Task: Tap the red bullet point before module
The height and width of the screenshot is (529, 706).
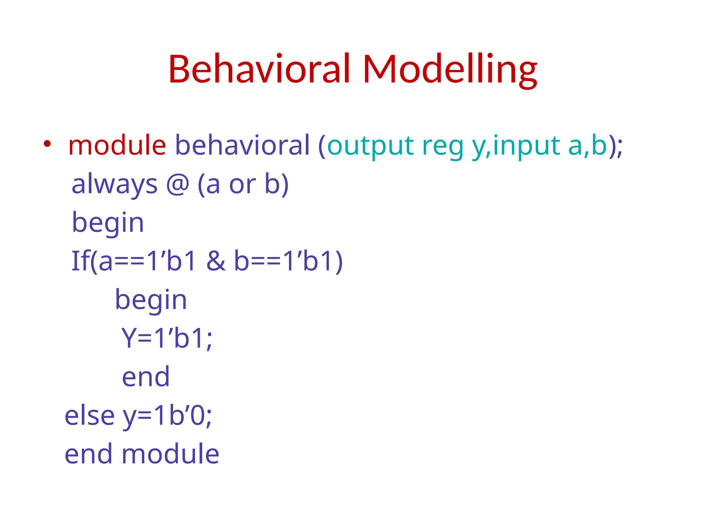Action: point(47,144)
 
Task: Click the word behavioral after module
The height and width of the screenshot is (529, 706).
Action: point(242,145)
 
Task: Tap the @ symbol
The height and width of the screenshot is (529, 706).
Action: point(178,185)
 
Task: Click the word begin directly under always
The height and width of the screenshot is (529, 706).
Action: point(108,223)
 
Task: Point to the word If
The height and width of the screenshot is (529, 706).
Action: point(80,261)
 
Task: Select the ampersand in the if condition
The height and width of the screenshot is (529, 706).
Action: point(216,261)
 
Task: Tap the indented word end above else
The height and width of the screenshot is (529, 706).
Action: point(146,377)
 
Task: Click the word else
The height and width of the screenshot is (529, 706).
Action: point(89,415)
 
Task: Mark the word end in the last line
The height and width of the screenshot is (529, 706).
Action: point(89,454)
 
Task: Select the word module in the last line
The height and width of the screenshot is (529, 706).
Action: point(170,454)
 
